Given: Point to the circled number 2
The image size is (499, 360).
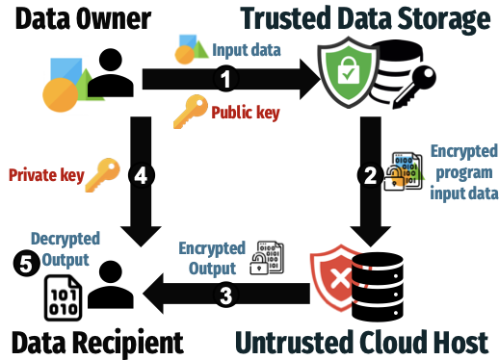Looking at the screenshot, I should (369, 175).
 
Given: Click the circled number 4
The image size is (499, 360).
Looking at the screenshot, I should (141, 175).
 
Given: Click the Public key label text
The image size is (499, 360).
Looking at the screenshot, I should (246, 115).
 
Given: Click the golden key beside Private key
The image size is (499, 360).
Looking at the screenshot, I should (101, 174).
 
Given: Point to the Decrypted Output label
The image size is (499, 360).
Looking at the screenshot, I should (60, 248).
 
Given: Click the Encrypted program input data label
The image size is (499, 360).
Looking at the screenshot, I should (464, 172).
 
